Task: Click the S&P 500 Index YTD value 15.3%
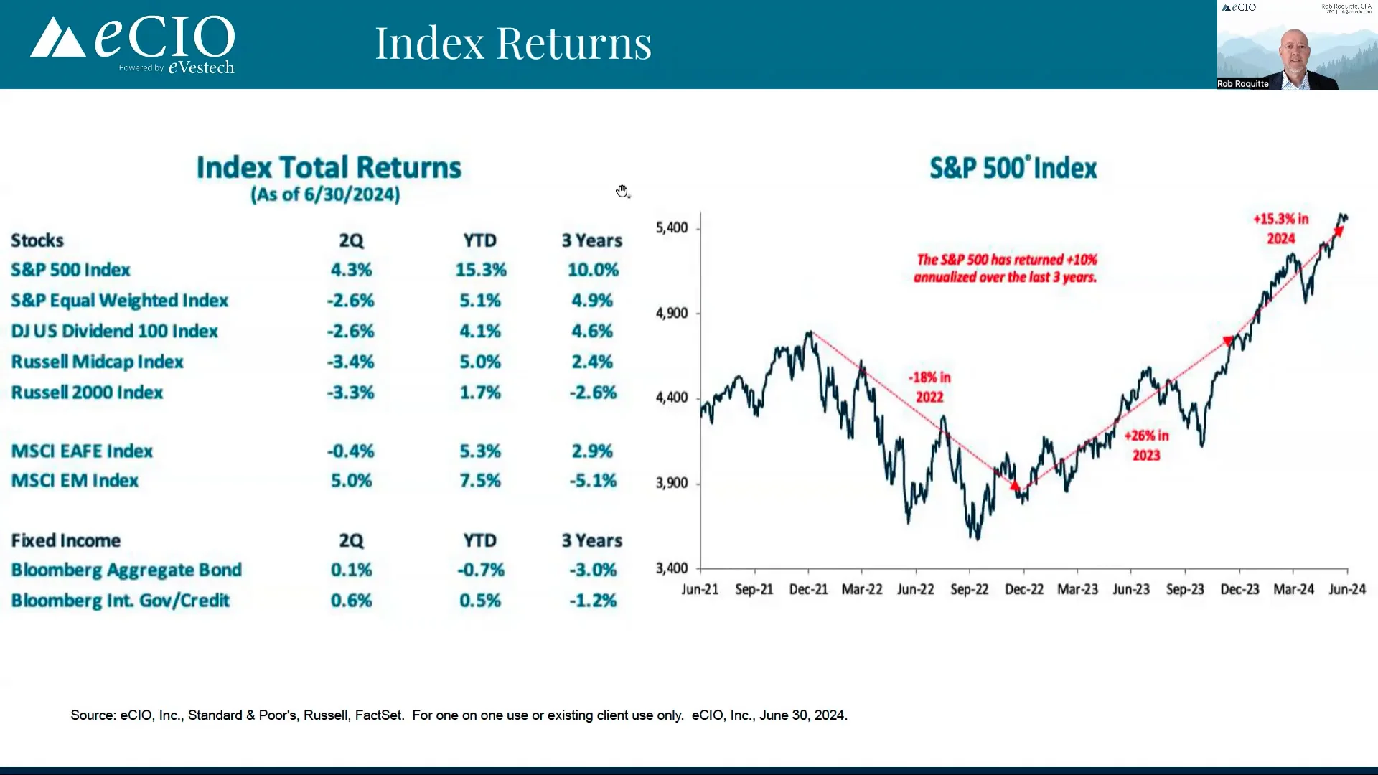480,270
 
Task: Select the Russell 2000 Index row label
87,393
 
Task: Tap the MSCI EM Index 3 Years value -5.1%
592,481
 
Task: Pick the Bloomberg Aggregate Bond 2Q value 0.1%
351,570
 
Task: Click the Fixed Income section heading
65,540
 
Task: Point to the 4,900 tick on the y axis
672,313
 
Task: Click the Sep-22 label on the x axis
969,589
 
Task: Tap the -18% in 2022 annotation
929,387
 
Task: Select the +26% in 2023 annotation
1146,445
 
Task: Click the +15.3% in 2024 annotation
1281,228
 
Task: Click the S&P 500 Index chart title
1013,168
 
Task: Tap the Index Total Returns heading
329,167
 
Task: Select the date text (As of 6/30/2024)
325,194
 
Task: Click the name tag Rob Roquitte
1242,84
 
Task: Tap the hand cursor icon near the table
622,191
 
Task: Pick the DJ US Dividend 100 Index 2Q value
350,332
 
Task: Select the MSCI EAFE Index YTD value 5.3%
479,451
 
